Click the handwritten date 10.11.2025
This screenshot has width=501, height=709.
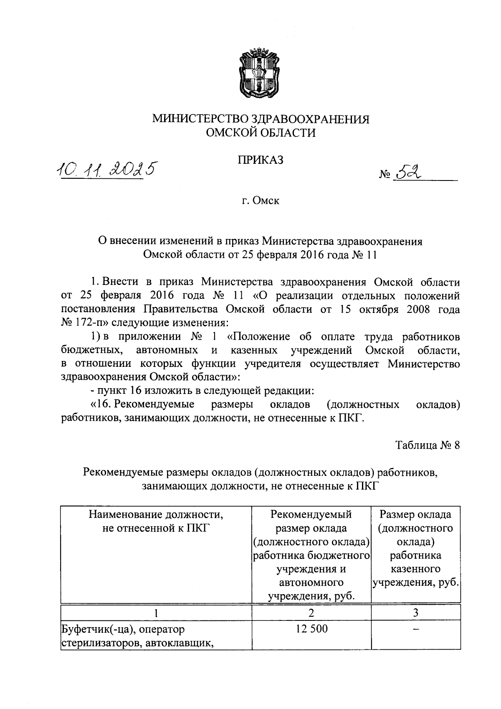(x=106, y=169)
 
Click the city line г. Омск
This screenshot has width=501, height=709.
(x=260, y=201)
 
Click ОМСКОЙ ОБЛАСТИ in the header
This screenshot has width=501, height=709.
(x=261, y=133)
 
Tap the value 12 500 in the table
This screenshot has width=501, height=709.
(x=311, y=628)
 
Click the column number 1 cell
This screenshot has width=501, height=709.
(x=156, y=612)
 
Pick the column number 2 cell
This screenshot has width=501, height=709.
(x=311, y=612)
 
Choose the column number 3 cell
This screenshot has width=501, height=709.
(x=415, y=612)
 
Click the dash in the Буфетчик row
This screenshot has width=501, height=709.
(x=415, y=628)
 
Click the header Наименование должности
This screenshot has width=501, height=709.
(x=156, y=514)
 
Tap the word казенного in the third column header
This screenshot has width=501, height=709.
(x=415, y=569)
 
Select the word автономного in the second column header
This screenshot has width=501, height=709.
(x=311, y=582)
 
